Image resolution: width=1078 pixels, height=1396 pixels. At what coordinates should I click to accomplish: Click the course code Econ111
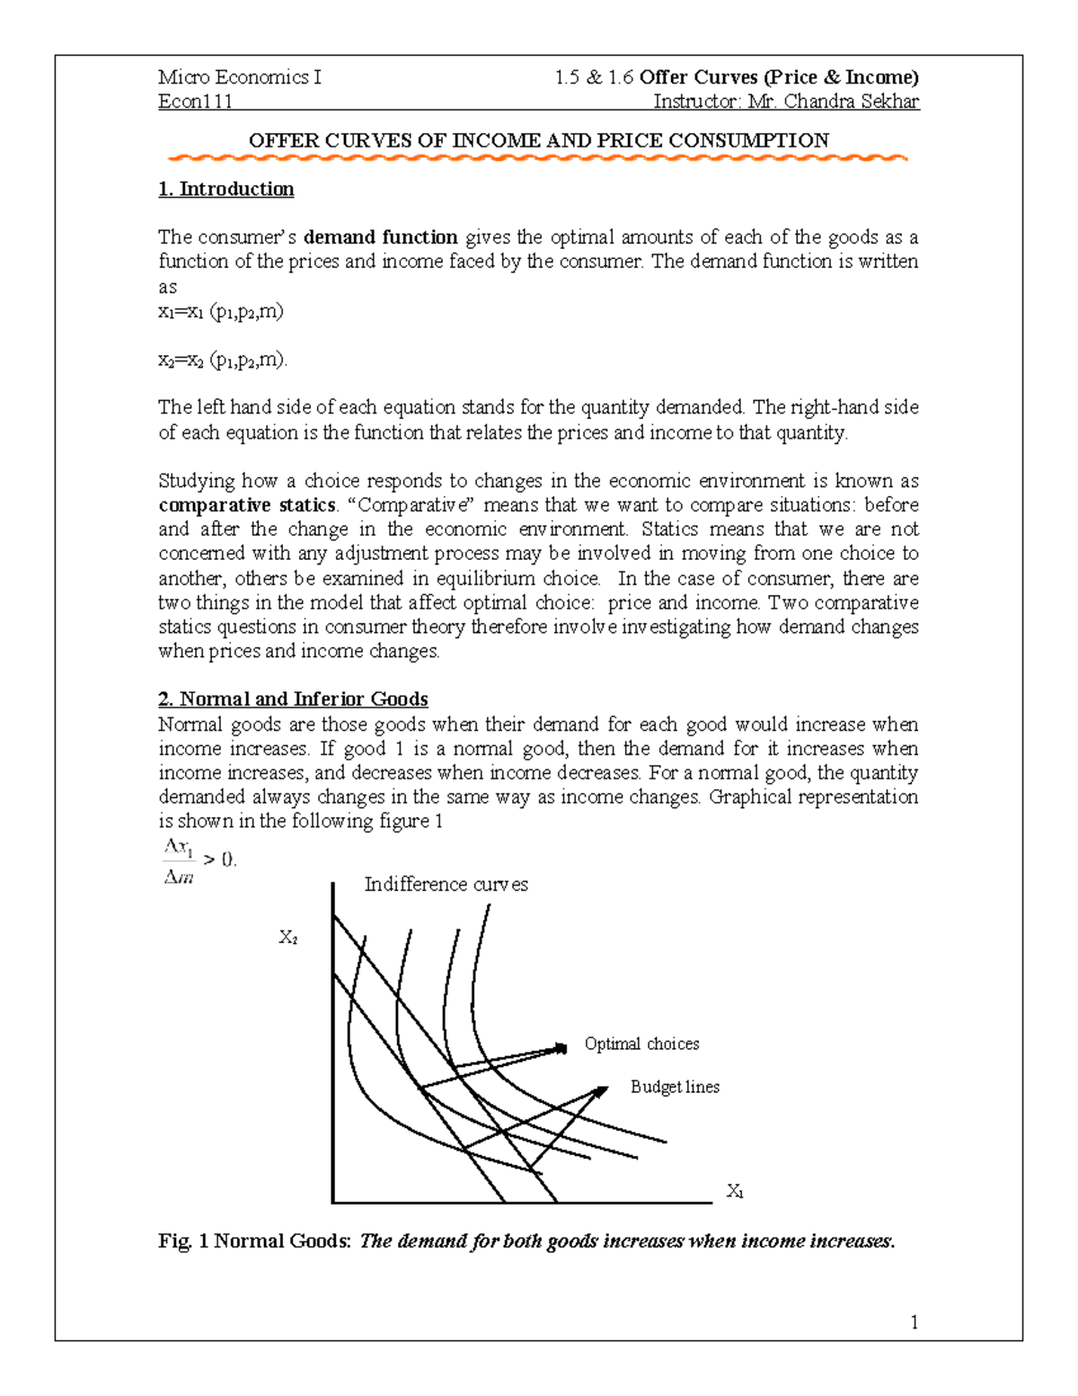[195, 102]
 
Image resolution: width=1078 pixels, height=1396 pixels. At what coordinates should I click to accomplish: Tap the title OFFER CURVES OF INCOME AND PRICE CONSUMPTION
[538, 140]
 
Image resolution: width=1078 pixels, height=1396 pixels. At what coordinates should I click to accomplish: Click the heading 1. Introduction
[225, 189]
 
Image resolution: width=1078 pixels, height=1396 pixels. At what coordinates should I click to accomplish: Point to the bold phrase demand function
[381, 237]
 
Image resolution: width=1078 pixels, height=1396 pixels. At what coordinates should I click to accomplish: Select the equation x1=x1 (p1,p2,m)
[221, 312]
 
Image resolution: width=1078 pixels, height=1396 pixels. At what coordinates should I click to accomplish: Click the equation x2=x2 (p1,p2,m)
[224, 360]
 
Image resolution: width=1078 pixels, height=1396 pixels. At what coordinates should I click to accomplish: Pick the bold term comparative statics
[247, 505]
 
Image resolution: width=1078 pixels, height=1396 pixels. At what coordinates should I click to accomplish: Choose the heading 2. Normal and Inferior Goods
[293, 699]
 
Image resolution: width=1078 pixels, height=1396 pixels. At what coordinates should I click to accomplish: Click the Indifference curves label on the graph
[446, 885]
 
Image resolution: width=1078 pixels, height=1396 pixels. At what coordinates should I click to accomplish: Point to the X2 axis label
[288, 938]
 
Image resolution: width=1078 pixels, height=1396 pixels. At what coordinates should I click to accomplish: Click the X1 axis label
[735, 1192]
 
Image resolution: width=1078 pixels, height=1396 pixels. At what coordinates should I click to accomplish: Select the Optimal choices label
[641, 1044]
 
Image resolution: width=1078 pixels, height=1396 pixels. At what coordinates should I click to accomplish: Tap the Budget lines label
[675, 1087]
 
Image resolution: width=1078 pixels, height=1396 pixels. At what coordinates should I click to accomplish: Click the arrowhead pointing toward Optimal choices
[561, 1047]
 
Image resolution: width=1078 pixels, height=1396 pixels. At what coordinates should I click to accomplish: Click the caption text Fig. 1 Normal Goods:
[254, 1241]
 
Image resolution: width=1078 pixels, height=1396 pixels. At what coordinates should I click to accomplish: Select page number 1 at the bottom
[914, 1322]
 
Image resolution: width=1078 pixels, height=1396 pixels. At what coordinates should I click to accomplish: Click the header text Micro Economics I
[239, 77]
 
